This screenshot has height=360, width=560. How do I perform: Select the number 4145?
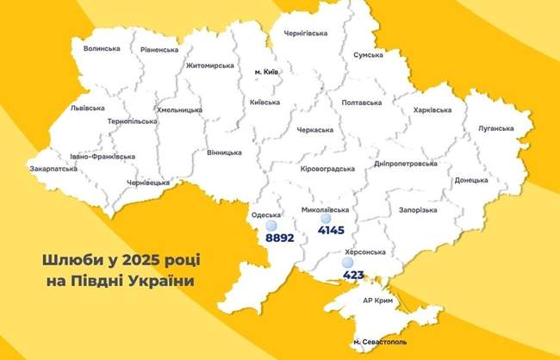tap(331, 231)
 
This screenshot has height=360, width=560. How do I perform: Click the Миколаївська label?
tap(327, 209)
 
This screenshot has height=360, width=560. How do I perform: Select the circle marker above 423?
tap(347, 263)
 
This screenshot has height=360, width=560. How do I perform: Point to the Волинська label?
tap(102, 48)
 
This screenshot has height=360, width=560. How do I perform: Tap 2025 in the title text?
tap(134, 258)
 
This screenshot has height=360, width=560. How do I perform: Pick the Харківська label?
tap(432, 110)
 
